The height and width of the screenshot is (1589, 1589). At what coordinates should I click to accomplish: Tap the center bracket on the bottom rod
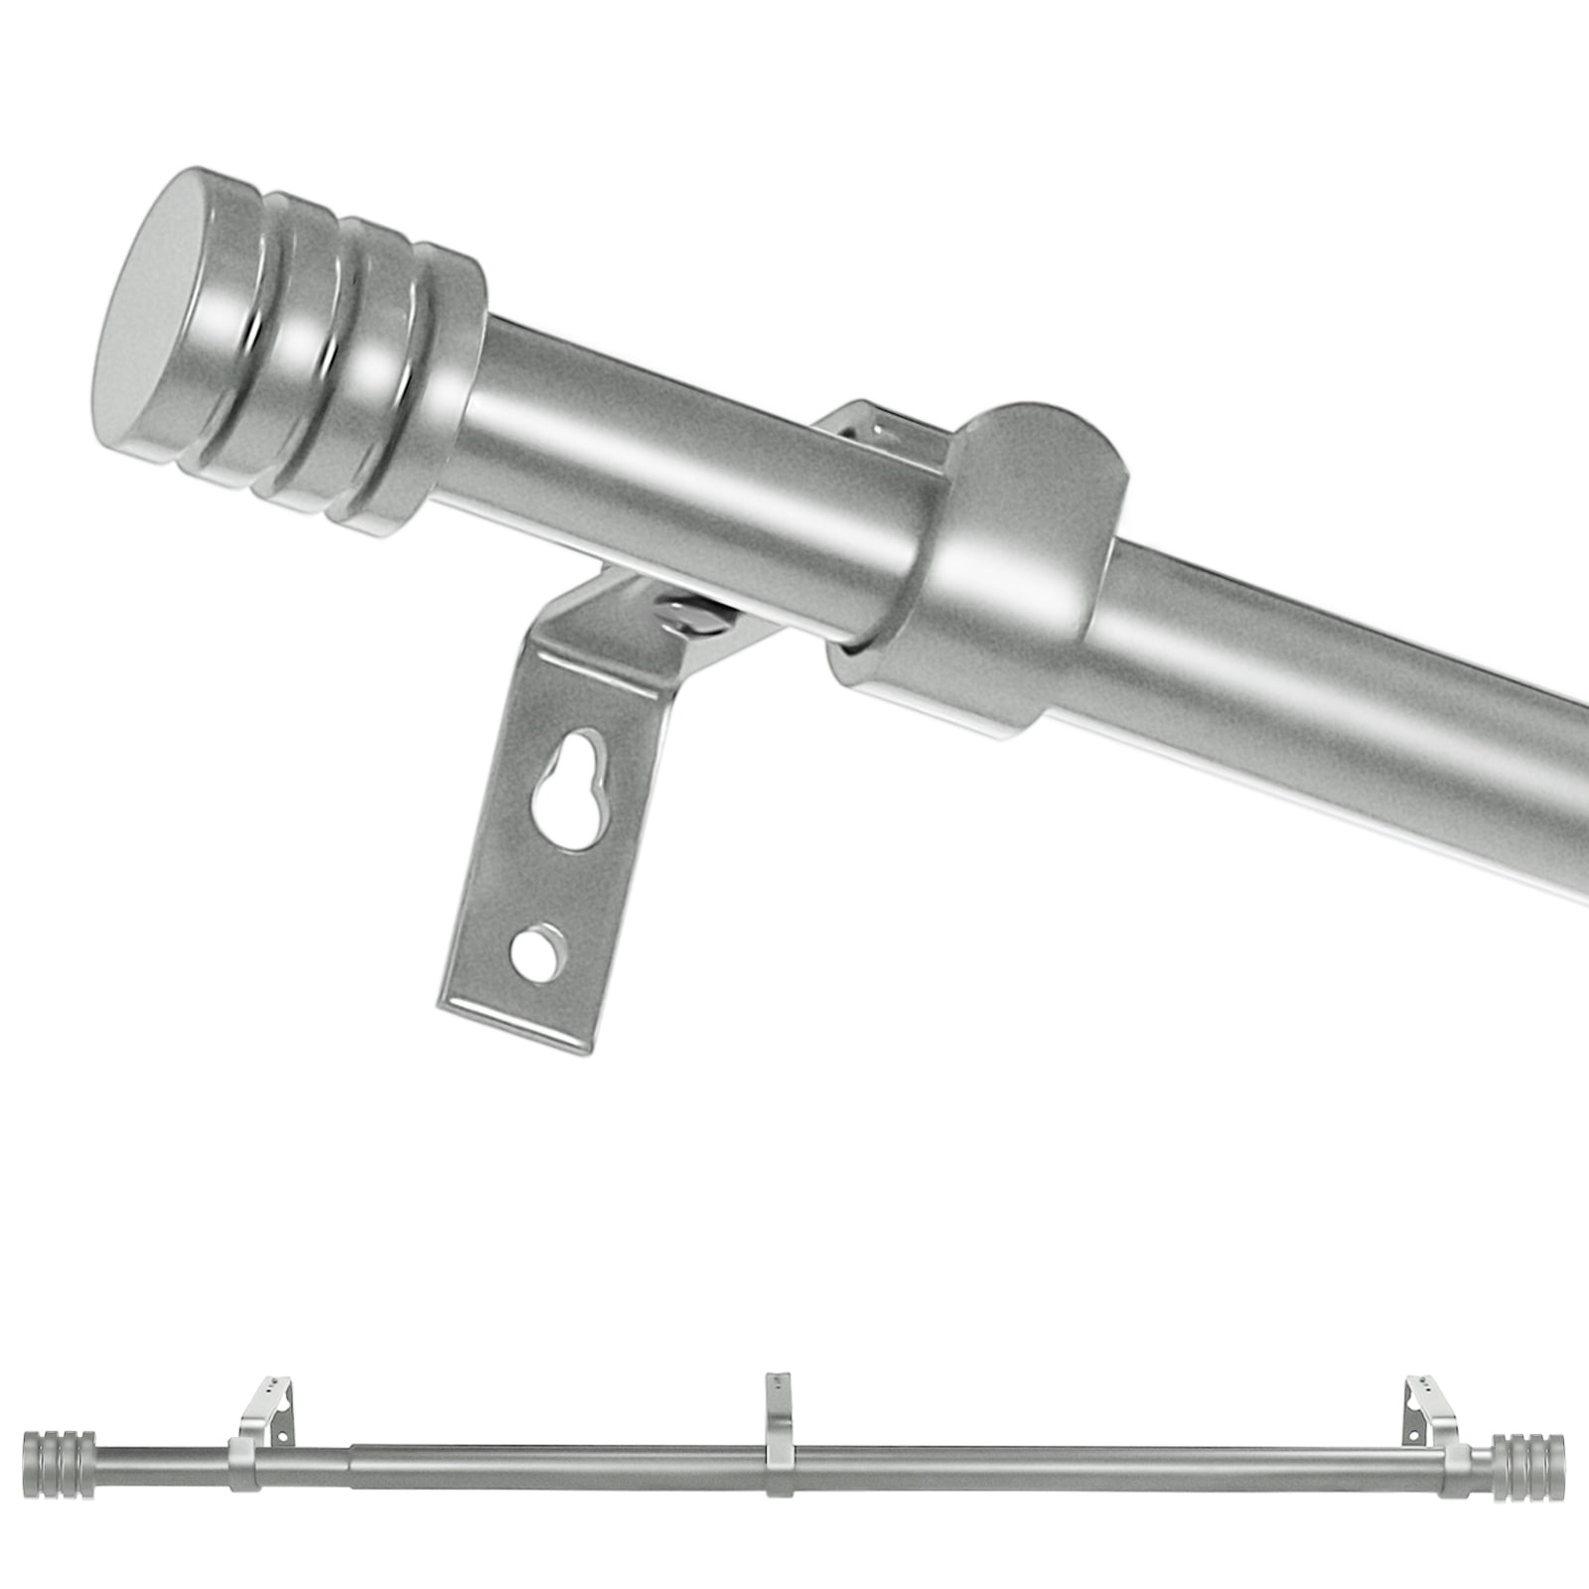781,1440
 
